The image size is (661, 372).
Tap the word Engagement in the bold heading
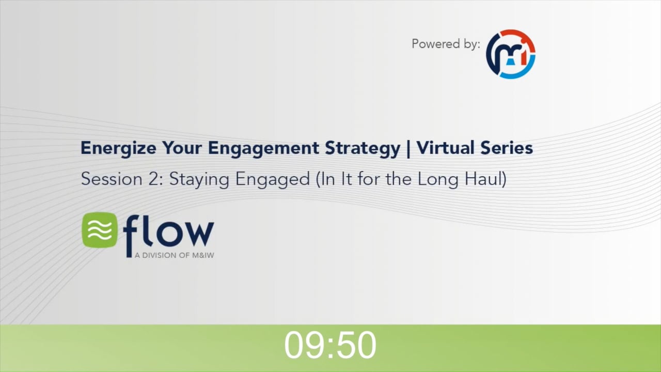[x=264, y=148]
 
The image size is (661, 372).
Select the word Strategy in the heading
[x=362, y=148]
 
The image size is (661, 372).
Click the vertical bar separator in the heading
[x=408, y=148]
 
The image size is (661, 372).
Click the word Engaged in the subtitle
[x=272, y=179]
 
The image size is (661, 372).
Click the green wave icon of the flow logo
[x=100, y=230]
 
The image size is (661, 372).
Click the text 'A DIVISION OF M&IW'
[x=174, y=255]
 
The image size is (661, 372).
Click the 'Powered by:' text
[x=446, y=44]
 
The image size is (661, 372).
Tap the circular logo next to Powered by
[x=511, y=54]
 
